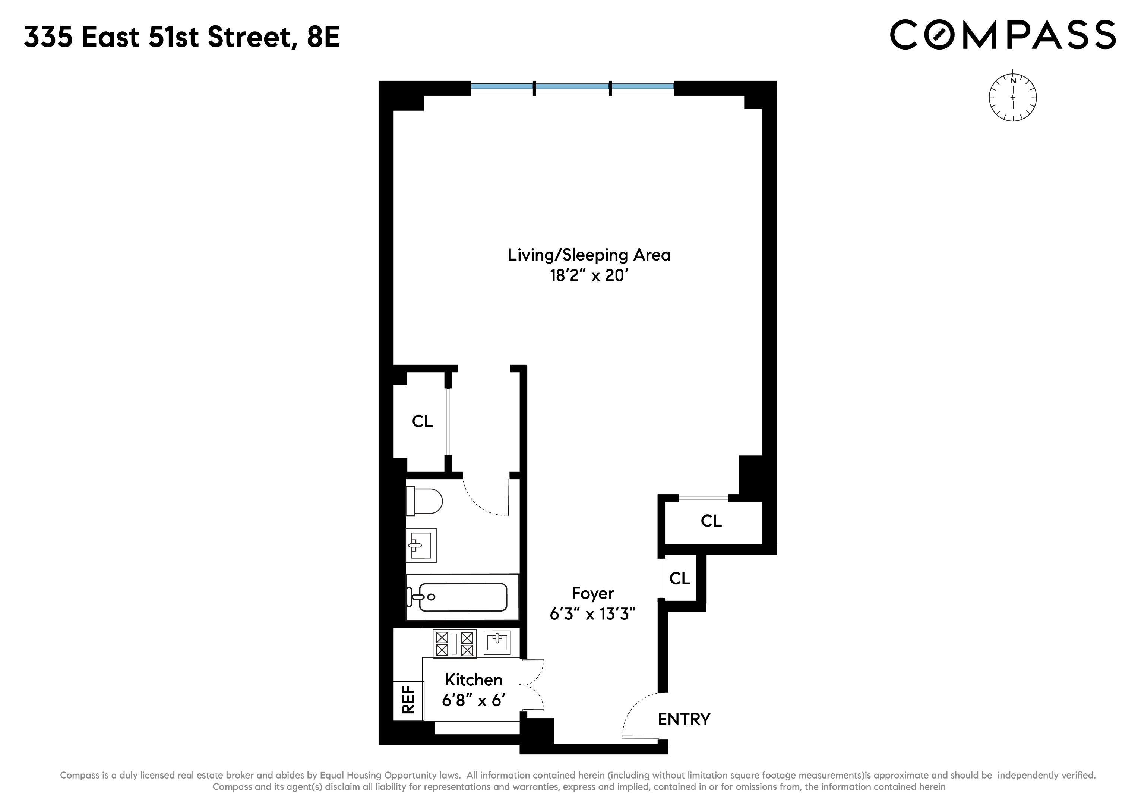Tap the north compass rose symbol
tap(1012, 98)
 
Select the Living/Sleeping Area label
tap(589, 255)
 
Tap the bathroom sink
tap(421, 545)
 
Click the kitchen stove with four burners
tap(454, 643)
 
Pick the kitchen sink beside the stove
tap(497, 643)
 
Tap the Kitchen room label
tap(473, 679)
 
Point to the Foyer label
tap(593, 593)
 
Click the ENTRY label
tap(684, 719)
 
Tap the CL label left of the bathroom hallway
tap(422, 422)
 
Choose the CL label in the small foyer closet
tap(680, 578)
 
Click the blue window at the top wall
tap(572, 88)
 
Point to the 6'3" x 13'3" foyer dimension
tap(593, 615)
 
